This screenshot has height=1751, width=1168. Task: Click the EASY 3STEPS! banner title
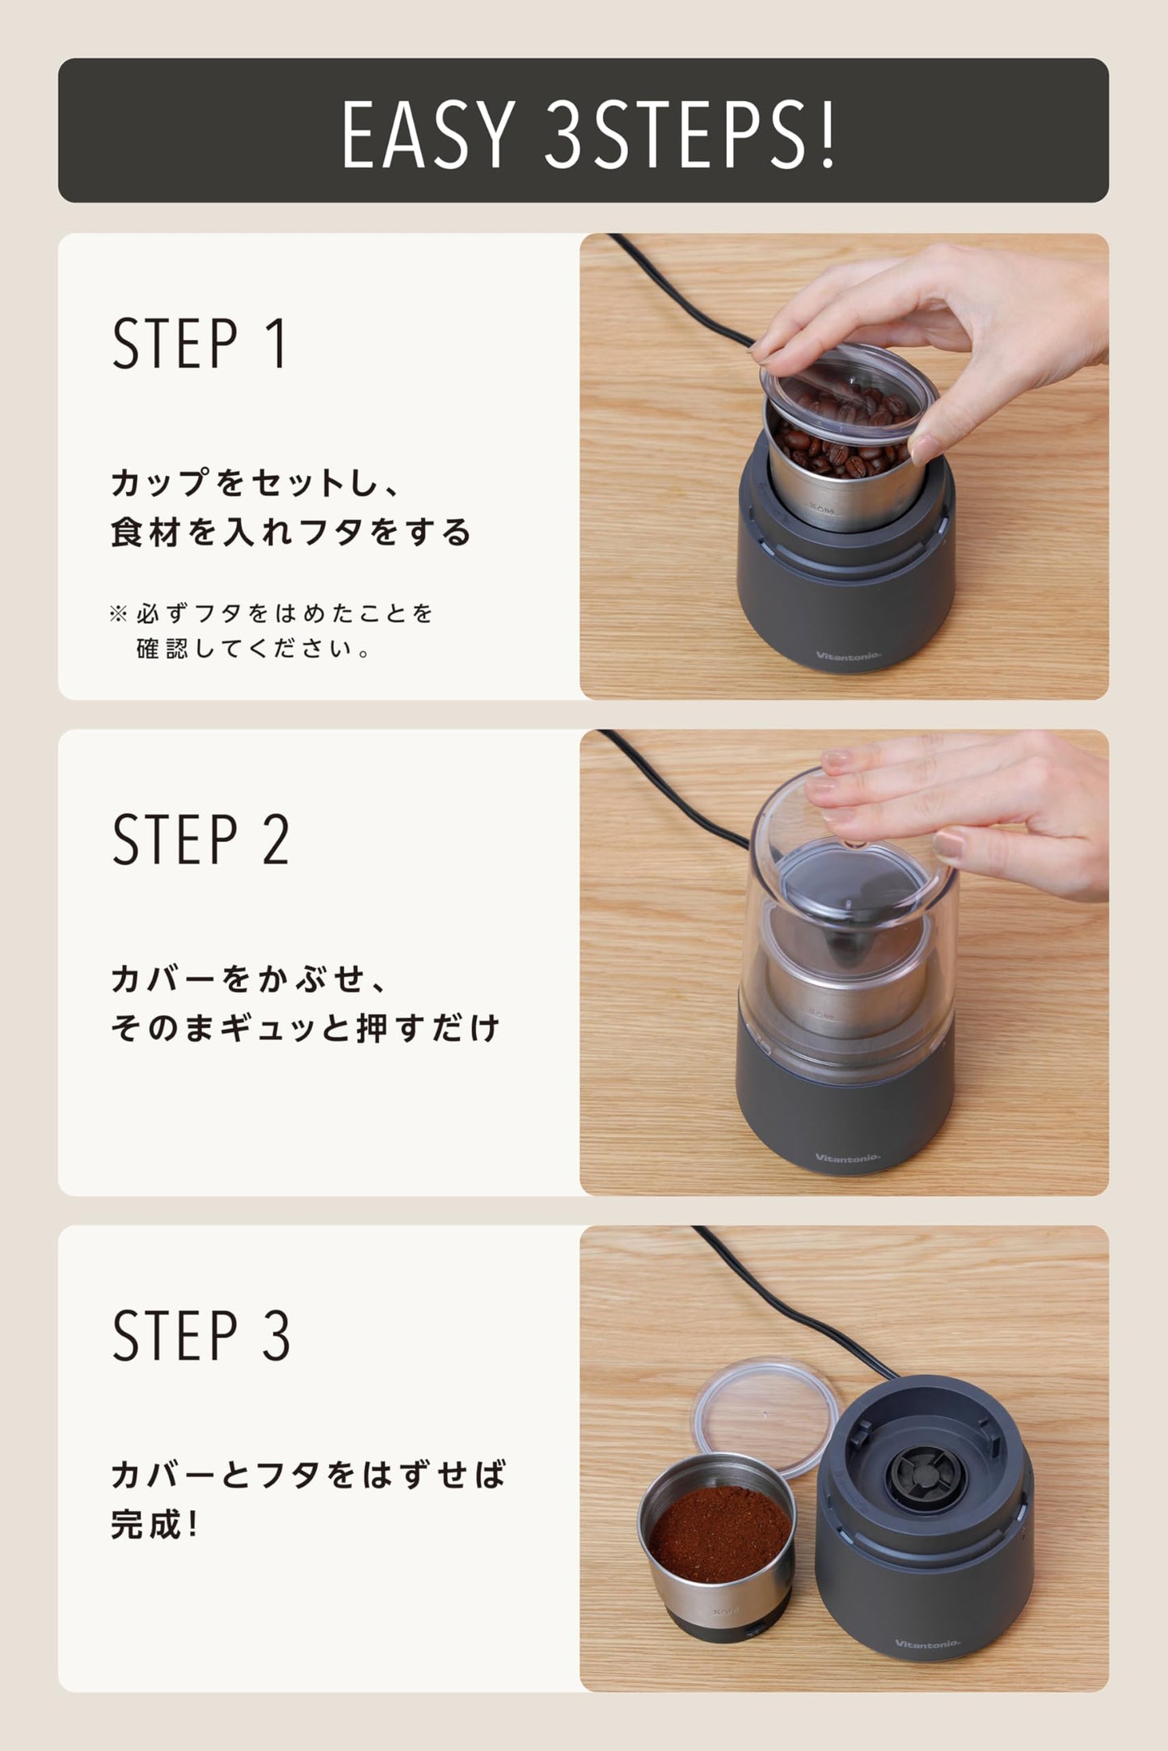tap(588, 134)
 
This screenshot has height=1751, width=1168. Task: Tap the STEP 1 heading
tap(200, 343)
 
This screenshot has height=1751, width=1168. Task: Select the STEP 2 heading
tap(200, 840)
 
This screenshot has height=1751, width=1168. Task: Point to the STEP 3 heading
tap(200, 1336)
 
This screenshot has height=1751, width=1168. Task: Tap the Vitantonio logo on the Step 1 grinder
tap(848, 656)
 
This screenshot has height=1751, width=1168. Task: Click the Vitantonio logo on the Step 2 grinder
tap(847, 1158)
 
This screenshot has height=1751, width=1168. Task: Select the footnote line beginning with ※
tap(272, 613)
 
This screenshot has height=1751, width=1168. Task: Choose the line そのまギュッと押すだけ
tap(306, 1028)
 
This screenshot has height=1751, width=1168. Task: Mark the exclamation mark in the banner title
tap(827, 134)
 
